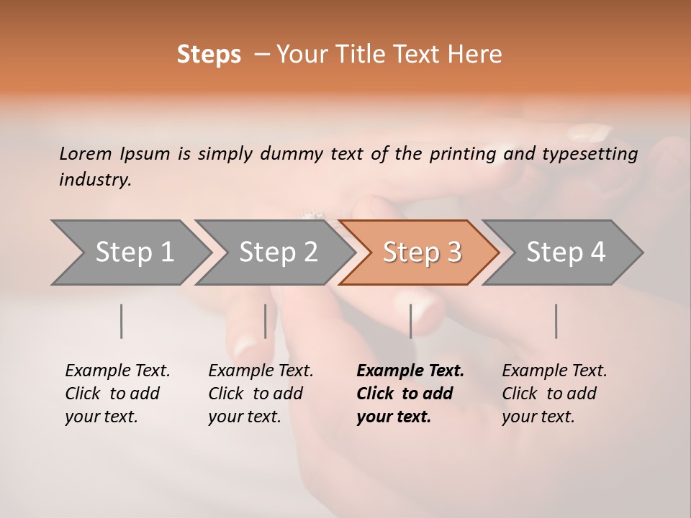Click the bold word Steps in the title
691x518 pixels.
(x=209, y=55)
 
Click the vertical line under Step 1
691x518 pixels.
(x=122, y=321)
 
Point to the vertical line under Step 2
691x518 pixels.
(x=266, y=321)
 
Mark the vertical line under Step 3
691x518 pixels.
(x=411, y=321)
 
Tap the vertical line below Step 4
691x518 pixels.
(x=556, y=321)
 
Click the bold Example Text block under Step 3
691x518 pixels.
(x=410, y=394)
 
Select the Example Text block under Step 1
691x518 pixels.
(x=117, y=394)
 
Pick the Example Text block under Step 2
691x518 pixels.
(x=261, y=394)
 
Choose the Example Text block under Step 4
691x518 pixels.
(x=554, y=394)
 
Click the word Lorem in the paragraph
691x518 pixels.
(x=86, y=153)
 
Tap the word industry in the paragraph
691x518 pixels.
(x=95, y=179)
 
